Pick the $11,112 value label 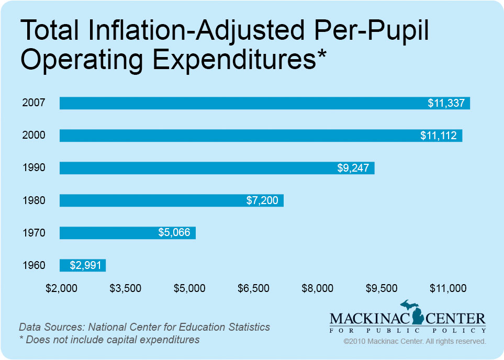[439, 136]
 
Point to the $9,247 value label [353, 168]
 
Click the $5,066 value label [174, 233]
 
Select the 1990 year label [33, 168]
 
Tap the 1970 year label [33, 233]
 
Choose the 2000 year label [33, 136]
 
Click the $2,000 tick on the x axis [61, 288]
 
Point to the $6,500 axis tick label [253, 288]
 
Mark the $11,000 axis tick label [447, 288]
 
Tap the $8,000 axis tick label [318, 288]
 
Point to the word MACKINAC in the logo [365, 319]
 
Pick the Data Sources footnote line [144, 327]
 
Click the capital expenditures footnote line [109, 340]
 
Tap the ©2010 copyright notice [415, 341]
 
